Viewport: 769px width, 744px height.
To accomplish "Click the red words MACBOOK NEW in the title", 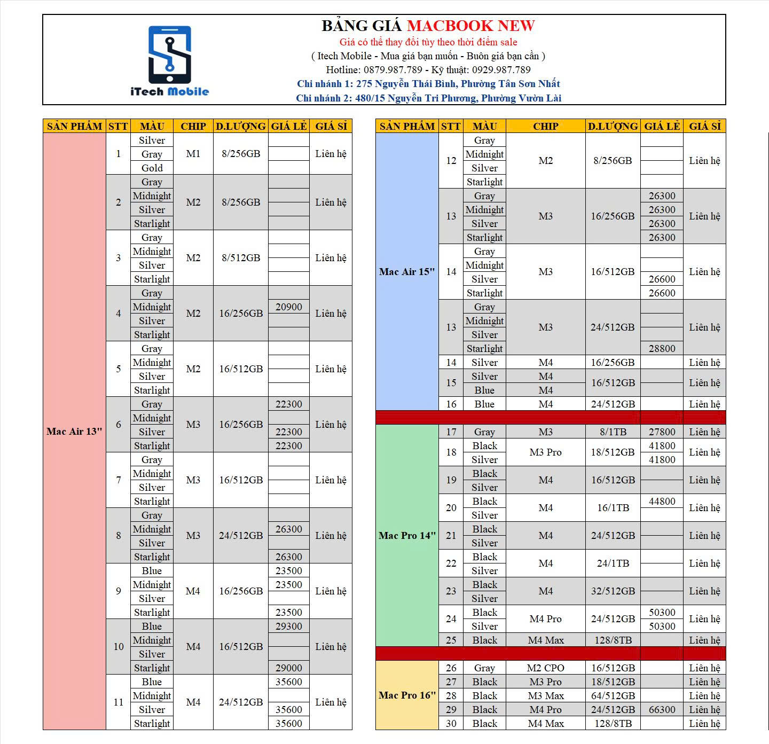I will [x=470, y=26].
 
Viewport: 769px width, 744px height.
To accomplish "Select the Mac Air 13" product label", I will [x=74, y=432].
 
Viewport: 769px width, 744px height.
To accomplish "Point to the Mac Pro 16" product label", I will [x=407, y=695].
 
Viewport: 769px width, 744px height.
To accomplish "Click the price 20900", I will [x=288, y=307].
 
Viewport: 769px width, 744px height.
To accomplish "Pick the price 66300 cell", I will [x=662, y=710].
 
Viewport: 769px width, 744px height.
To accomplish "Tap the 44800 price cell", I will [x=662, y=502].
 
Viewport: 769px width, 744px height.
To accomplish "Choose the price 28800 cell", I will [x=662, y=349].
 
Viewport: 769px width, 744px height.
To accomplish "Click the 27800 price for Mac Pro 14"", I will [x=662, y=432].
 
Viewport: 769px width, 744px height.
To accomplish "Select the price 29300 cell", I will [x=288, y=626].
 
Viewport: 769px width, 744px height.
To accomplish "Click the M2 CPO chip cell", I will [x=545, y=668].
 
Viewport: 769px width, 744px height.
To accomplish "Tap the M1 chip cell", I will [x=193, y=154].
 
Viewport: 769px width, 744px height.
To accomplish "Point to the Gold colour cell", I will [x=152, y=168].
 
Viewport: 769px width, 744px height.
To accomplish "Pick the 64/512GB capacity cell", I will [x=613, y=696].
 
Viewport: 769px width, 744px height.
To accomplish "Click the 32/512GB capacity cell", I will [x=613, y=591].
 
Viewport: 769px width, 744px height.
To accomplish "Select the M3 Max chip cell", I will [x=545, y=696].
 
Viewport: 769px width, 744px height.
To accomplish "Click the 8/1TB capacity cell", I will [x=613, y=432].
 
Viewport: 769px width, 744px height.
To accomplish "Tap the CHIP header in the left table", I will [x=193, y=126].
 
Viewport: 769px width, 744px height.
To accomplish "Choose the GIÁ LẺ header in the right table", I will [x=662, y=126].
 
